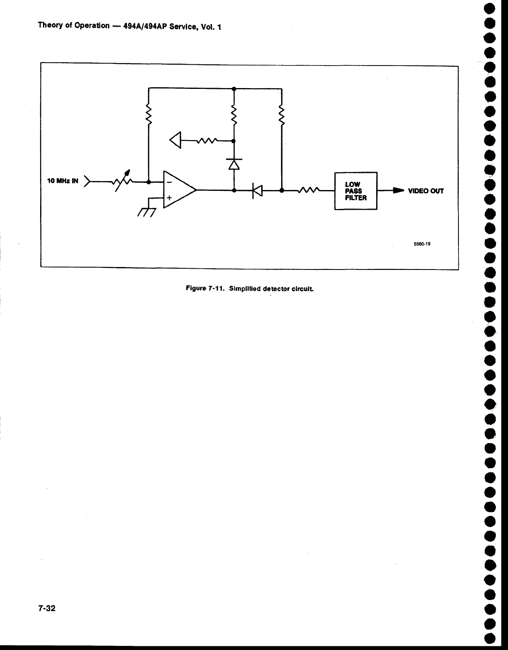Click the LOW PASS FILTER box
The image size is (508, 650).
356,191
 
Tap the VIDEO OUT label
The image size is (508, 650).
426,191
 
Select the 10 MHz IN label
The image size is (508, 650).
63,181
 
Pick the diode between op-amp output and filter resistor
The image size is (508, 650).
257,190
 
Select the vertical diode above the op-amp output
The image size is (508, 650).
234,164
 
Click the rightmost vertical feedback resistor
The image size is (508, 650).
282,115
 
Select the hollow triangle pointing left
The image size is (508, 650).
176,140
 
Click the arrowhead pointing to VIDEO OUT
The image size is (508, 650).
398,190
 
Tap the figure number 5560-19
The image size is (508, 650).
422,244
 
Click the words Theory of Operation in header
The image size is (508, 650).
74,25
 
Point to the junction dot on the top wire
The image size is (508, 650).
234,88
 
